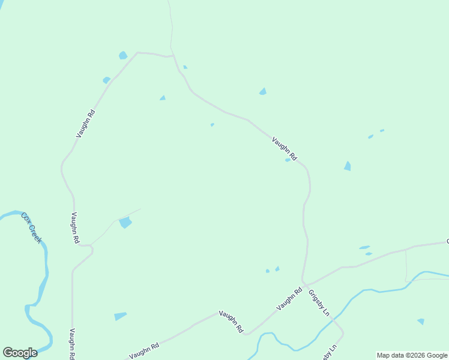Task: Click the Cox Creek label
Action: pyautogui.click(x=32, y=227)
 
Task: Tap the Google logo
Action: pyautogui.click(x=20, y=353)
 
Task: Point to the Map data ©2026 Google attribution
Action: pyautogui.click(x=412, y=355)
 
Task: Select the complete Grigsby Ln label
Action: pyautogui.click(x=319, y=303)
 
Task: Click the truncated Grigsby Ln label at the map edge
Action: pyautogui.click(x=330, y=352)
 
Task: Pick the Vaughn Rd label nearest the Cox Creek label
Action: pyautogui.click(x=75, y=228)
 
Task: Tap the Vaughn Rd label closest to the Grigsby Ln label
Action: pyautogui.click(x=290, y=299)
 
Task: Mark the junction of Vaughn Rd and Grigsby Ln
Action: pyautogui.click(x=303, y=281)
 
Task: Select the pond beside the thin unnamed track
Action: pyautogui.click(x=125, y=223)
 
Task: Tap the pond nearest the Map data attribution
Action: pyautogui.click(x=421, y=322)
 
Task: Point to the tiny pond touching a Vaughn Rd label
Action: pyautogui.click(x=288, y=160)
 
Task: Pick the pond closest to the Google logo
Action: pyautogui.click(x=120, y=316)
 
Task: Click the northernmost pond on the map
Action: pyautogui.click(x=123, y=55)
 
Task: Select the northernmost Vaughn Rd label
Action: pyautogui.click(x=86, y=124)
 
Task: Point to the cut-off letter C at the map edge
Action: pyautogui.click(x=447, y=242)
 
